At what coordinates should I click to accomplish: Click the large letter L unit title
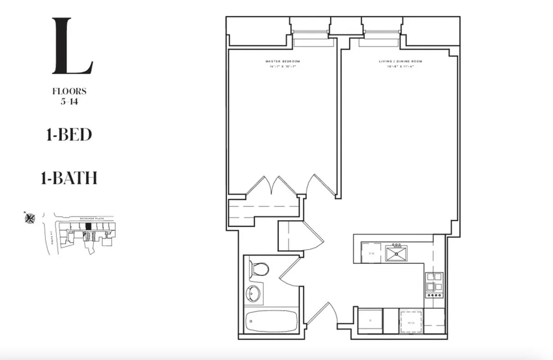(x=72, y=46)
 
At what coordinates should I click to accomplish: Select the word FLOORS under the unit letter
(x=69, y=91)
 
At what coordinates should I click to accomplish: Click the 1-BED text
(x=69, y=135)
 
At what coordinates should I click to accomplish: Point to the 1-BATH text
(x=69, y=179)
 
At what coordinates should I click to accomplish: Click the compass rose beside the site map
(x=30, y=218)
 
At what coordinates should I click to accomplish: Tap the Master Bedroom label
(x=283, y=61)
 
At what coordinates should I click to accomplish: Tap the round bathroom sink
(x=254, y=294)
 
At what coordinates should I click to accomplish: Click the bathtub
(x=271, y=321)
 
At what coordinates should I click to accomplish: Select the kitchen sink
(x=396, y=253)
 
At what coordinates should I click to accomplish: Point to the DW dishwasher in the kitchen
(x=372, y=253)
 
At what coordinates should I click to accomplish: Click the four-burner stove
(x=435, y=284)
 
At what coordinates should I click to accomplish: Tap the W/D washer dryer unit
(x=411, y=321)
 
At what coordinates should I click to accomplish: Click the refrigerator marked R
(x=370, y=321)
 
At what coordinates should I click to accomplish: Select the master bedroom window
(x=310, y=32)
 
